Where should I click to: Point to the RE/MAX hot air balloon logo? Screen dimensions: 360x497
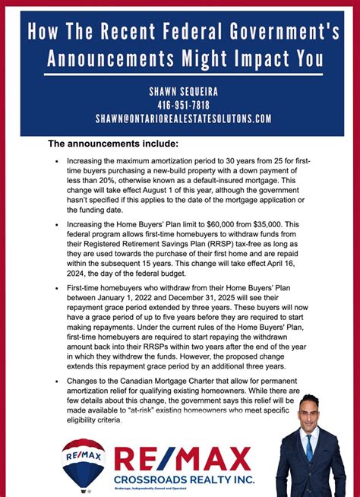[84, 462]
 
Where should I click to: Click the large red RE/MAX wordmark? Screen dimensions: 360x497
[182, 460]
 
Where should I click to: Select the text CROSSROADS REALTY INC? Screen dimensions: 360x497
[185, 480]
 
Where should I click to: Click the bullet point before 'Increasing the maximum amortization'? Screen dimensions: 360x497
[56, 162]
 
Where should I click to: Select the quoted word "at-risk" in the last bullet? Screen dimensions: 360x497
[152, 408]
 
